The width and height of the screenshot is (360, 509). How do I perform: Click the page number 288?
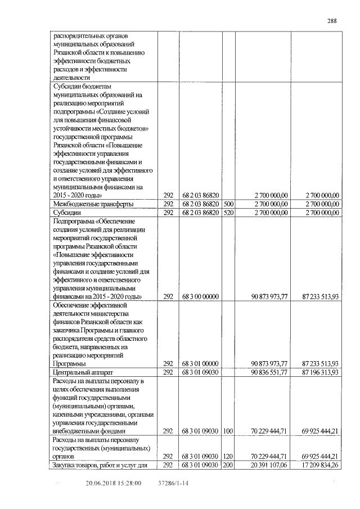click(332, 21)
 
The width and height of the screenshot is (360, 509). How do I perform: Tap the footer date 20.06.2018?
click(100, 483)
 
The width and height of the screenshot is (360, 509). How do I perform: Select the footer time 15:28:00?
click(129, 483)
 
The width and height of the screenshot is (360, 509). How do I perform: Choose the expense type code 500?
click(228, 204)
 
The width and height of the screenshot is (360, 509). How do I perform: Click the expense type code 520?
click(228, 213)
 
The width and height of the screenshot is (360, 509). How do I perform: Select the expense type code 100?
click(228, 431)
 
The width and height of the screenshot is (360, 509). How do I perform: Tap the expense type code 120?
click(228, 456)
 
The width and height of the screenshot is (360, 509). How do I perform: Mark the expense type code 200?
click(228, 465)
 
